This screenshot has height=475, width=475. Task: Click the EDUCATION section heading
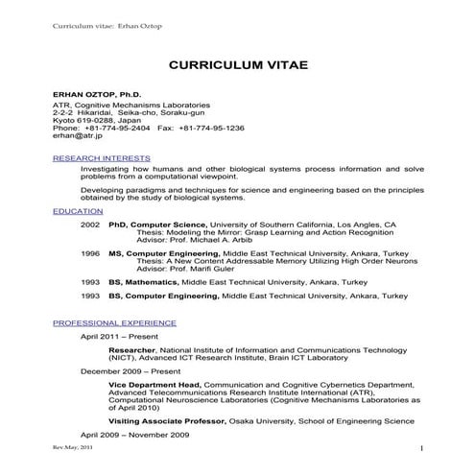[x=79, y=210]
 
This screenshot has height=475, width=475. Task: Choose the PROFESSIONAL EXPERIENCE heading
[x=114, y=323]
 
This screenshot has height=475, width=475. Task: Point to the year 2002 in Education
[x=90, y=224]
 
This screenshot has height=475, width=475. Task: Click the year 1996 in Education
[x=90, y=253]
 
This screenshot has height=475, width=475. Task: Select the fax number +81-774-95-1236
[x=209, y=127]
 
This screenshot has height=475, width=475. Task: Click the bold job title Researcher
[x=132, y=351]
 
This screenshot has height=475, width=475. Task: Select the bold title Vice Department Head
[x=153, y=384]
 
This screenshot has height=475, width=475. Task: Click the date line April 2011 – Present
[x=121, y=338]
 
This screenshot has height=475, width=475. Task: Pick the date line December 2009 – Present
[x=131, y=369]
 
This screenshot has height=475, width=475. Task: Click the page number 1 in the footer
[x=421, y=449]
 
